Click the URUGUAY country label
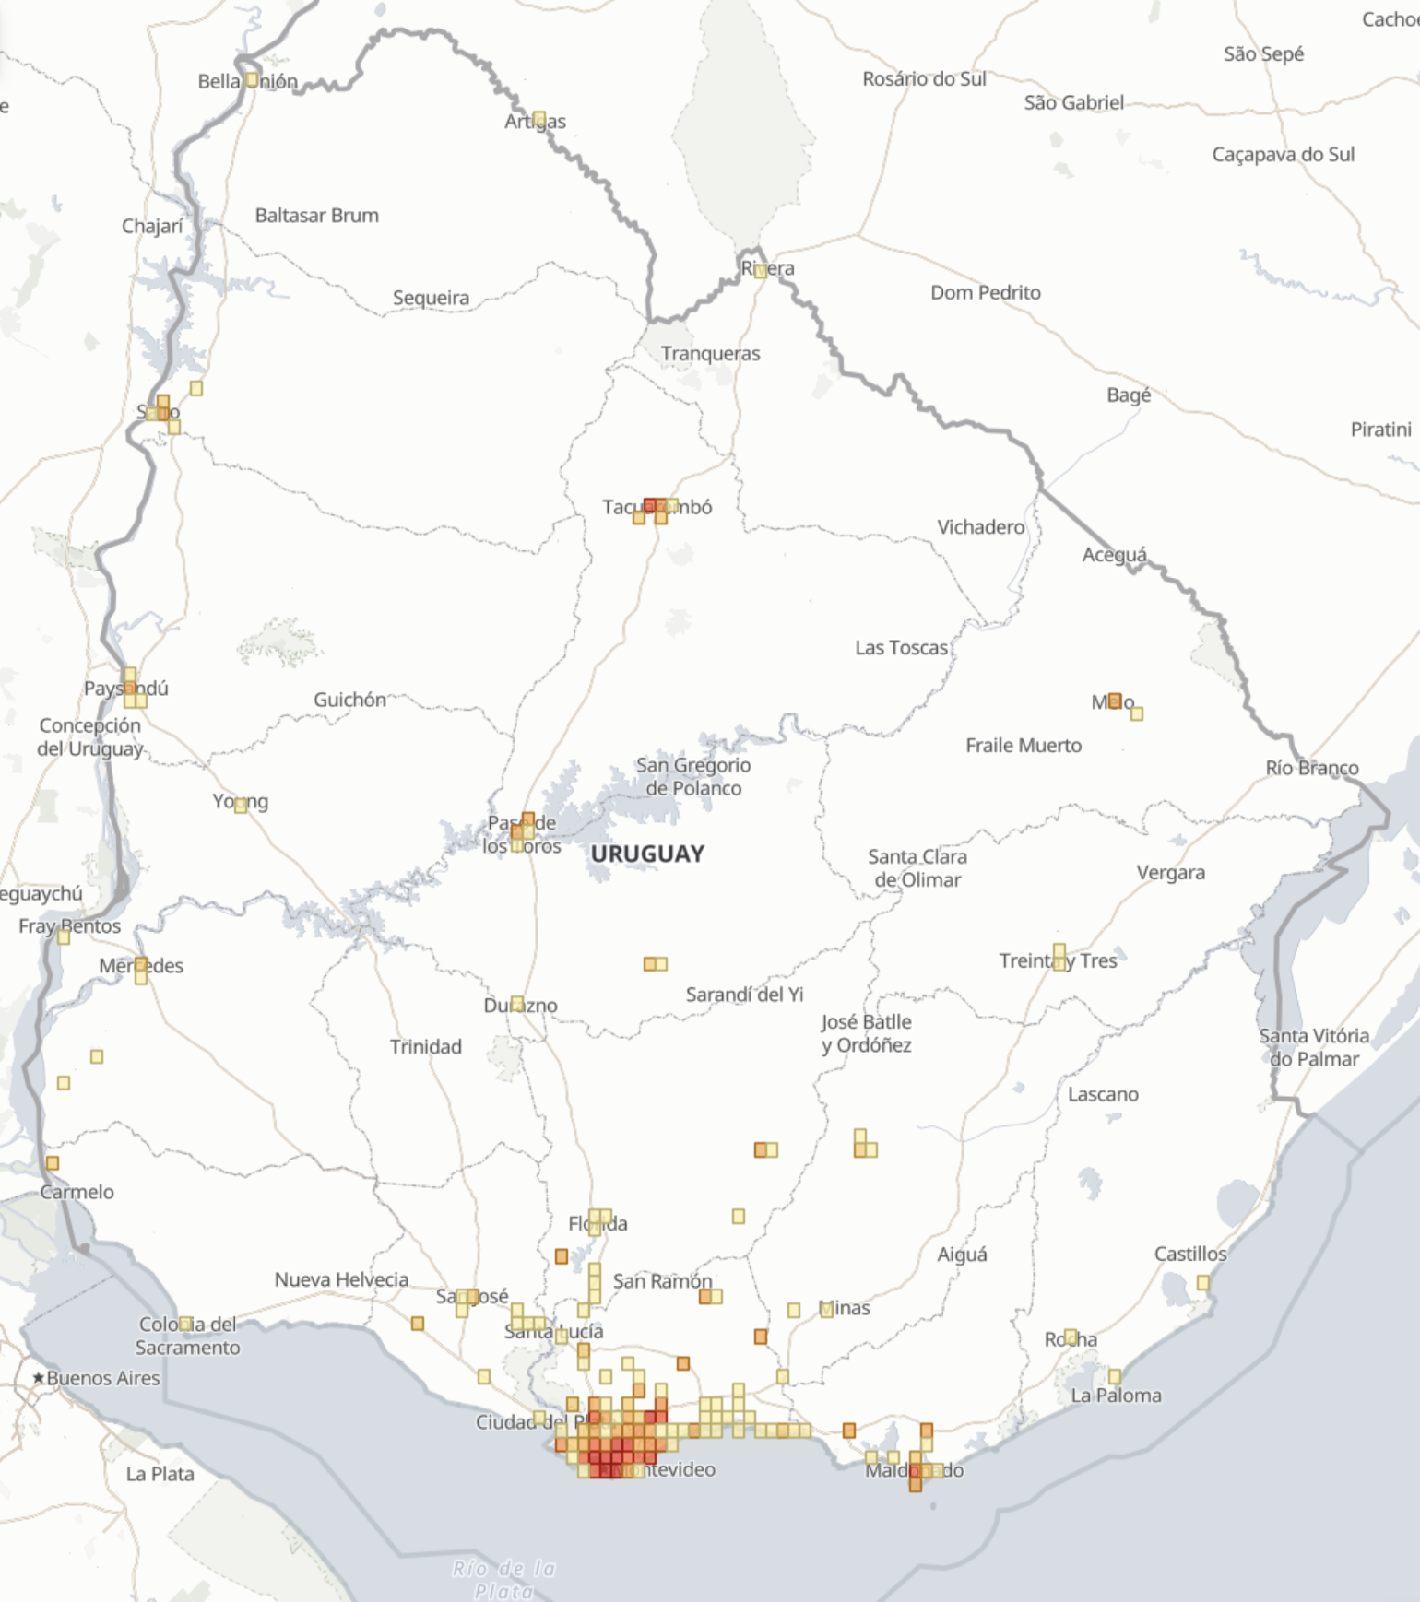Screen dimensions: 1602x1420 pos(647,854)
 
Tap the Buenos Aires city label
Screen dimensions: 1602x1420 pos(103,1378)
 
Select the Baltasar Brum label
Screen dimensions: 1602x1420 pos(316,216)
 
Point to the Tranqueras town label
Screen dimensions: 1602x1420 pos(710,354)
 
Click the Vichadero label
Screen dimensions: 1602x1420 pos(980,527)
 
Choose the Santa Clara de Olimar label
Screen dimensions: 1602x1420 pos(917,868)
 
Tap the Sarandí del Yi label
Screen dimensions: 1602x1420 pos(744,995)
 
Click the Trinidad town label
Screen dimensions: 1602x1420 pos(425,1047)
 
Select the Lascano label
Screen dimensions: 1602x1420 pos(1103,1095)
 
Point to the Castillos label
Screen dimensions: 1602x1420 pos(1189,1255)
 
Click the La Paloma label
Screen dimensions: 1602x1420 pos(1116,1396)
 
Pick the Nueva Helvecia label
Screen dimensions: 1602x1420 pos(341,1280)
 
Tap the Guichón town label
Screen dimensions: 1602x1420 pos(349,701)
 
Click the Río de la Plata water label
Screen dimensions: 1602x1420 pos(504,1579)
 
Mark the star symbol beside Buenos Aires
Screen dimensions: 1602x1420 pos(38,1378)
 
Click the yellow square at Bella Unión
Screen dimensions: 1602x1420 pos(251,80)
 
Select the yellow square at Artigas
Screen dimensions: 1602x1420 pos(538,118)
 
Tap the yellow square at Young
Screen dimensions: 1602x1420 pos(241,805)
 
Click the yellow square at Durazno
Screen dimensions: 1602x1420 pos(517,1003)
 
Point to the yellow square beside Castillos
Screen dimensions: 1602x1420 pos(1202,1282)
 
